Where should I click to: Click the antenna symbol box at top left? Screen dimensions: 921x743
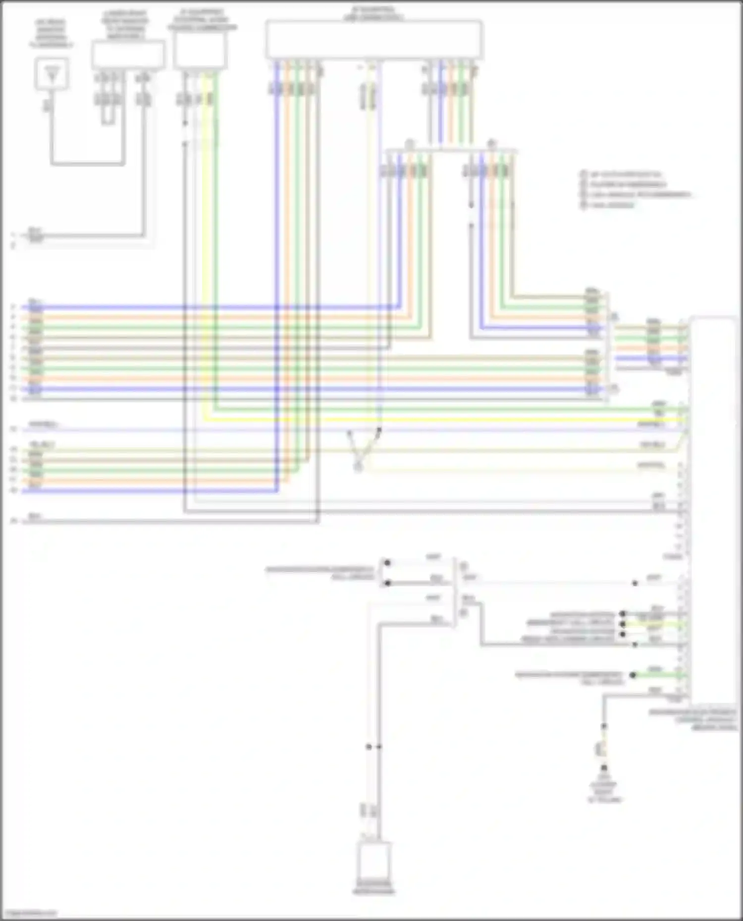pos(52,74)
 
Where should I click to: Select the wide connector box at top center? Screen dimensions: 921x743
pos(374,40)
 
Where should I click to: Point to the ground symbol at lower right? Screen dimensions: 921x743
pos(604,769)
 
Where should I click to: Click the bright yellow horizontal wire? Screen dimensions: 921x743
pos(446,420)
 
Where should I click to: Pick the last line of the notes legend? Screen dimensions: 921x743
pos(612,204)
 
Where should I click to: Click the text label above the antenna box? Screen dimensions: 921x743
pos(51,34)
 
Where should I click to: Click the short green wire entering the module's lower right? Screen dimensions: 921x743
pos(659,675)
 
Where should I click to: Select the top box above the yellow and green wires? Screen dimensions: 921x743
pos(200,49)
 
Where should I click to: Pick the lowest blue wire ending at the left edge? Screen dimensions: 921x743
pos(149,491)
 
